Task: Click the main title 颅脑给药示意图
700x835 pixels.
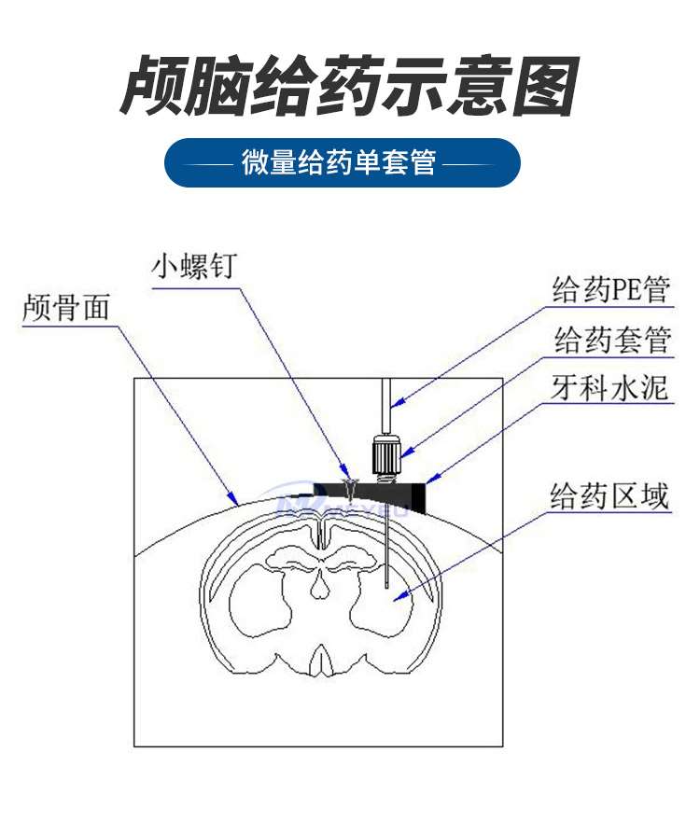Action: click(x=349, y=85)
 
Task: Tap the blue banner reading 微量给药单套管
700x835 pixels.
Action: click(x=342, y=162)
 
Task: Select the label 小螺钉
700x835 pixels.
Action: click(x=194, y=266)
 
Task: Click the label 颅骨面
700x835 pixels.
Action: click(x=66, y=307)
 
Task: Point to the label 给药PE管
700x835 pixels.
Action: click(x=610, y=290)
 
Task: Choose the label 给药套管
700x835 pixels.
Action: click(x=612, y=340)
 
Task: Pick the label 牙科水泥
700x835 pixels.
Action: click(x=609, y=387)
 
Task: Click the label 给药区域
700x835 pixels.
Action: click(x=609, y=496)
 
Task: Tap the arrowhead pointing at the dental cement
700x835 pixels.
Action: click(x=432, y=479)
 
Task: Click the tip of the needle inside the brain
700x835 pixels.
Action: click(x=386, y=588)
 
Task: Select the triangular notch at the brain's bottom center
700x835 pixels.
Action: click(x=320, y=661)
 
